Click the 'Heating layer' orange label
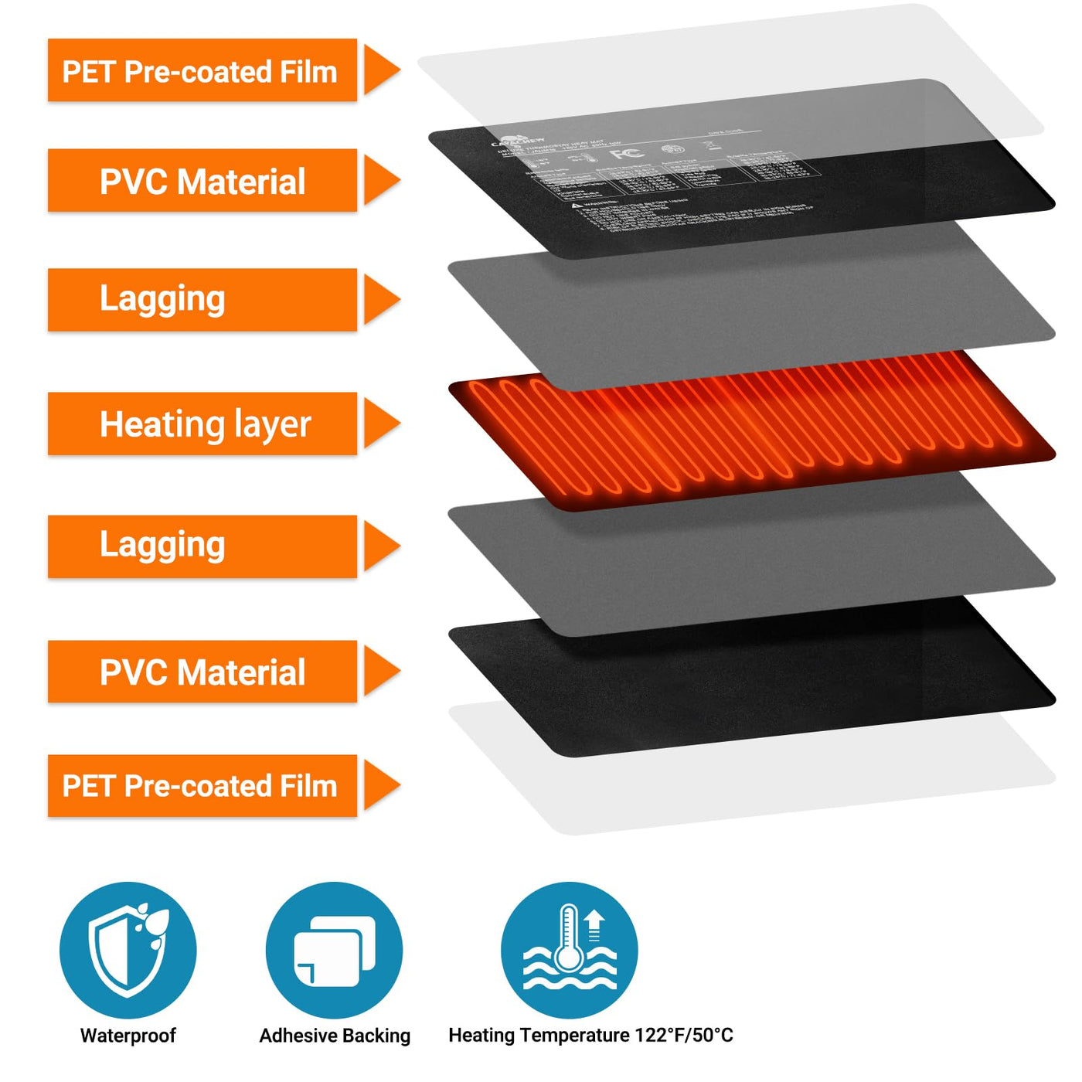(202, 424)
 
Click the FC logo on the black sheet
(627, 152)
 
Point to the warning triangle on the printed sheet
(576, 205)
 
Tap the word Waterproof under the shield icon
(128, 1036)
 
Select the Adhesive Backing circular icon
(334, 950)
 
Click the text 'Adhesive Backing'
(335, 1036)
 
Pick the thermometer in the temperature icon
(569, 939)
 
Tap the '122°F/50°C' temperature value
(684, 1036)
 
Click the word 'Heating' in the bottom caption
(481, 1036)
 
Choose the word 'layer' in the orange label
(272, 425)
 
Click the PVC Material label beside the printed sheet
(202, 181)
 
